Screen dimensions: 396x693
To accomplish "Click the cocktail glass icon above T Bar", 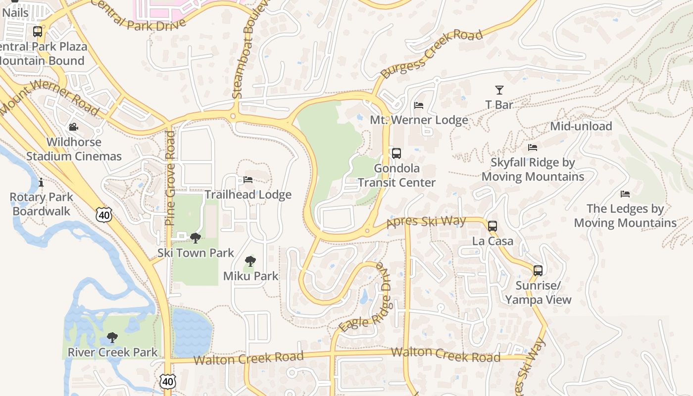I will (x=499, y=90).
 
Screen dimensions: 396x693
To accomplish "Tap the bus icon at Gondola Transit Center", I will (x=396, y=153).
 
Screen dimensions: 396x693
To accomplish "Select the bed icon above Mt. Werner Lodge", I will (x=419, y=105).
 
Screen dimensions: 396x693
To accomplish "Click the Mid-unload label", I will (x=581, y=126).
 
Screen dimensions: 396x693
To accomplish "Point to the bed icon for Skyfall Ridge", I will (x=533, y=148).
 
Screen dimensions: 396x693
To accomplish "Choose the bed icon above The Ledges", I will (x=625, y=194).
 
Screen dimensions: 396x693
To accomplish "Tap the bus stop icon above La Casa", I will (x=492, y=226).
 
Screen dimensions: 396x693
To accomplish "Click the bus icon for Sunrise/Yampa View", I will (x=538, y=271).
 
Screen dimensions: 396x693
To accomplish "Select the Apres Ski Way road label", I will (x=426, y=221).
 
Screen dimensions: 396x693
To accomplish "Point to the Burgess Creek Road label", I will (x=431, y=55).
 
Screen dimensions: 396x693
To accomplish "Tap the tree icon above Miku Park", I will (x=250, y=261).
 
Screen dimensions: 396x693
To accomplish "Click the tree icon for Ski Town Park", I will (x=196, y=238).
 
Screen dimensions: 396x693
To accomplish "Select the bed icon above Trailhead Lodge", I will (x=248, y=180).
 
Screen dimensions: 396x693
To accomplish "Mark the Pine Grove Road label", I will (x=170, y=178).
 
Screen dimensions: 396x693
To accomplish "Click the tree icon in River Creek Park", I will (x=112, y=338).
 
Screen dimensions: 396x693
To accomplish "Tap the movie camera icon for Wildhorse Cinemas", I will (x=74, y=127).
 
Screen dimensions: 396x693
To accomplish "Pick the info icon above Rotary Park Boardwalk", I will (x=41, y=183).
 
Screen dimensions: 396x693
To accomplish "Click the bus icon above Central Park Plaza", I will (x=38, y=32).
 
